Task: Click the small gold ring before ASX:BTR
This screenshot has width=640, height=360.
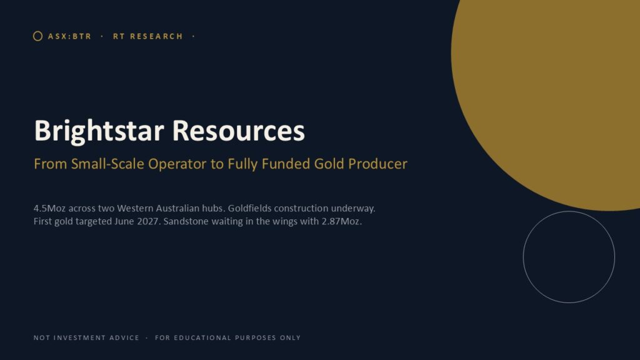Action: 33,36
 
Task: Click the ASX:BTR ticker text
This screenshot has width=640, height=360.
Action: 70,36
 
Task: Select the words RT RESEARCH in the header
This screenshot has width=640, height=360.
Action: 148,36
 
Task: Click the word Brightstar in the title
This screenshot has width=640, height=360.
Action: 99,131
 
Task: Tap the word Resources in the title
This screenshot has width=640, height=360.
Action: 239,131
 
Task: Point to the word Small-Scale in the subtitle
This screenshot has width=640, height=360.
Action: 107,164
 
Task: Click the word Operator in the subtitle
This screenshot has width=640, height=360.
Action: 177,164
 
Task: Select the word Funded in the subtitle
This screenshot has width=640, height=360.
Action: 286,164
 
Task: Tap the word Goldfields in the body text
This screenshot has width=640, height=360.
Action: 249,208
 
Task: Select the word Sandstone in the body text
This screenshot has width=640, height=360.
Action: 186,221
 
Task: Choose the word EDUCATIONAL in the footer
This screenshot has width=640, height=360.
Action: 202,338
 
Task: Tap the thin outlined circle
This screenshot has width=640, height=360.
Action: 523,257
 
